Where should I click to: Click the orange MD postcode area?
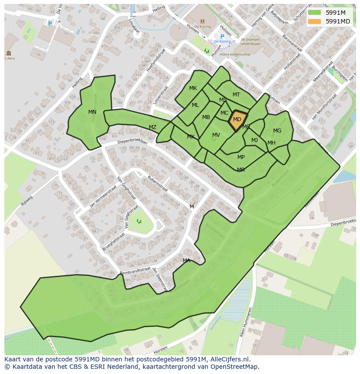point(237,120)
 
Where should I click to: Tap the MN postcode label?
point(92,112)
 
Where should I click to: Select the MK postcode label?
point(193,88)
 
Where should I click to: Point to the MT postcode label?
point(236,95)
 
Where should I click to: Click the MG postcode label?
point(277,131)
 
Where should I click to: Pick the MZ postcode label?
point(153,127)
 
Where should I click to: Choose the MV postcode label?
point(216,136)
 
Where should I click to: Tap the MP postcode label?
point(241,157)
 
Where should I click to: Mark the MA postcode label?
point(187,261)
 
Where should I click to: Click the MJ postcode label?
point(254,140)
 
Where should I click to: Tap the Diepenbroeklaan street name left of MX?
point(133,142)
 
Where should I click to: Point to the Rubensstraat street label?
point(157,183)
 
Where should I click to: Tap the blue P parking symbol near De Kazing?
point(222,37)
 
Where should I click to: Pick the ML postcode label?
point(195,105)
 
